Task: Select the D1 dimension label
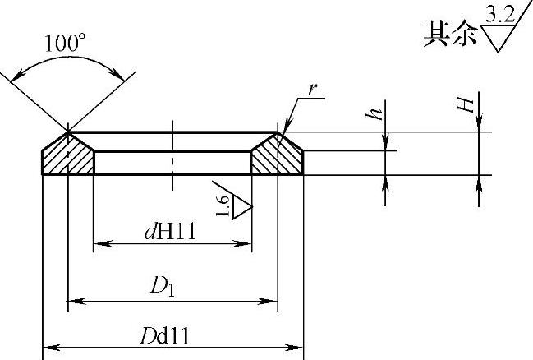point(159,287)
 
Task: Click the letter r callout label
point(313,89)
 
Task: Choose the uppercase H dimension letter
point(465,104)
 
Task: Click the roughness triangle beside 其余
point(499,37)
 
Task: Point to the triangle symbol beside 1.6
point(239,202)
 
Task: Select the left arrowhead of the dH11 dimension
point(99,243)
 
